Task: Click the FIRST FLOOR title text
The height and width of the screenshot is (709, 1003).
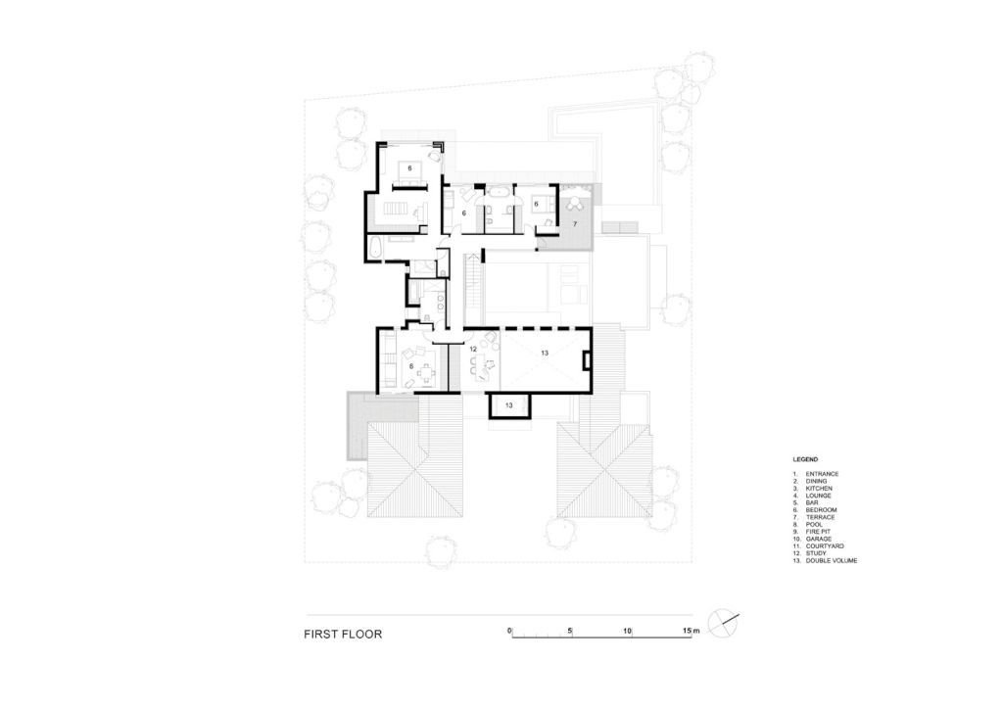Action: pos(343,635)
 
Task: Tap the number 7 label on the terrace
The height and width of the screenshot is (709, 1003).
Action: pos(574,224)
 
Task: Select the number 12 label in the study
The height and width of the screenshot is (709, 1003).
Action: pos(473,350)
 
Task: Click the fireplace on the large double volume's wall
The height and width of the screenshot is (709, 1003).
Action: pos(586,360)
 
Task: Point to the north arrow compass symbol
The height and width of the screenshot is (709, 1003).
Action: pos(724,623)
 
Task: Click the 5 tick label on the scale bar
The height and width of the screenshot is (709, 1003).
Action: pos(569,631)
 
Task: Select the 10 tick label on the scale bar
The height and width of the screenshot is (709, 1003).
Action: pos(628,631)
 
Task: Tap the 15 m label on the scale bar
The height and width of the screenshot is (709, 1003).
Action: pos(691,631)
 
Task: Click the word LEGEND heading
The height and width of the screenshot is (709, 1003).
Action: pos(805,459)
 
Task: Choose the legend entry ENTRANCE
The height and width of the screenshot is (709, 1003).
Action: pos(822,474)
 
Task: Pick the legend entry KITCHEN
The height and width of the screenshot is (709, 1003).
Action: pos(819,489)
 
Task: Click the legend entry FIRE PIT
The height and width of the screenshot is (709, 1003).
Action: pos(818,532)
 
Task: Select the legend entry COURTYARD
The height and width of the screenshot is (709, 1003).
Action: pos(825,546)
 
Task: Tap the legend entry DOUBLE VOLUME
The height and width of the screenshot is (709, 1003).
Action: pos(832,561)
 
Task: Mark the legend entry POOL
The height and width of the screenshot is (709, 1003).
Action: pos(814,525)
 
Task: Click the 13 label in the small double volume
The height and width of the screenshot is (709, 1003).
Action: pos(509,405)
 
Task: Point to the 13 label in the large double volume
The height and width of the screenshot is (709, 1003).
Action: pos(545,353)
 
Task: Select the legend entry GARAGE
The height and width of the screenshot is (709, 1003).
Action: pos(819,539)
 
